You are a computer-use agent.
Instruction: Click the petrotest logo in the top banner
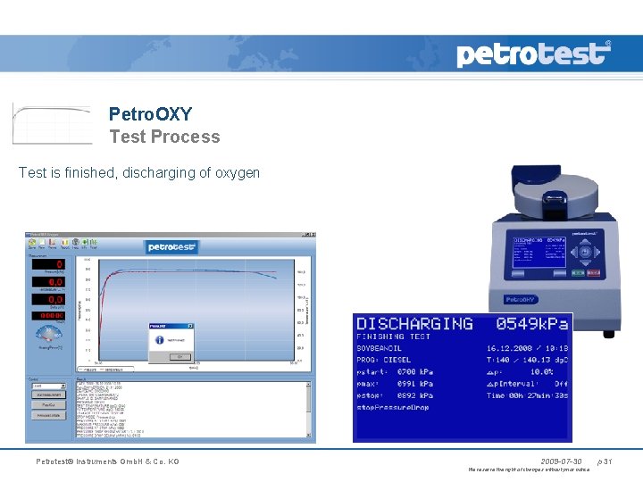534,54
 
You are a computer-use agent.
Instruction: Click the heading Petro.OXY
150,114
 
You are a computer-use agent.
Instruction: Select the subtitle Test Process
164,137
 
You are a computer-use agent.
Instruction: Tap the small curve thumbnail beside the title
52,123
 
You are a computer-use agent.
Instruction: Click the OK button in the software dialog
177,355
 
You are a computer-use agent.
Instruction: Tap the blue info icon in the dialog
159,340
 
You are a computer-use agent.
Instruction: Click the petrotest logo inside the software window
171,247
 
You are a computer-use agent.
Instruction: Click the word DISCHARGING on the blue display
414,323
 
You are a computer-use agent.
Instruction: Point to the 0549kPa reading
531,323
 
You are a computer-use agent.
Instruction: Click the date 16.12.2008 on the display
511,348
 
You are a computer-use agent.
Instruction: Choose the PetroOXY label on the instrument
522,299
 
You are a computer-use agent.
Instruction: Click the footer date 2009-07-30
561,461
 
